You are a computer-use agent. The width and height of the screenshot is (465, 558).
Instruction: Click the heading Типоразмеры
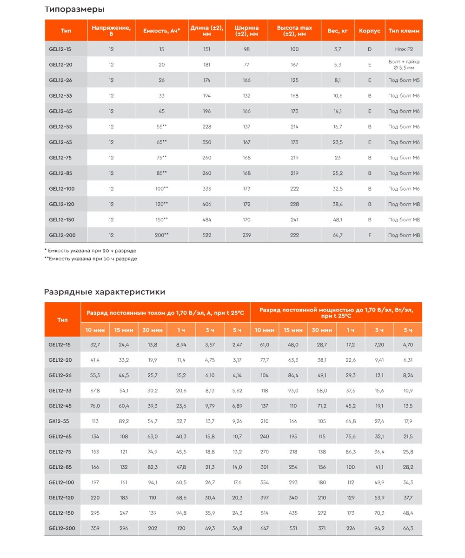click(x=74, y=9)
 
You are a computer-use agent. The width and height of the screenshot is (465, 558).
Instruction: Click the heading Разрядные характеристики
click(x=105, y=292)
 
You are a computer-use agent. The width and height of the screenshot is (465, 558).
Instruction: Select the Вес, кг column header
click(x=338, y=31)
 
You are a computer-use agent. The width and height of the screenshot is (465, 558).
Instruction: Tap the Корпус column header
click(x=370, y=31)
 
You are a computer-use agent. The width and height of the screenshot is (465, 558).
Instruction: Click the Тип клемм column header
click(x=404, y=31)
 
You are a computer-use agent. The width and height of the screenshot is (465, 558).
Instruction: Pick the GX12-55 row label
click(x=60, y=421)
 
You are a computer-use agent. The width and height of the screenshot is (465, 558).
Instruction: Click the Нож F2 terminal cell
click(x=404, y=49)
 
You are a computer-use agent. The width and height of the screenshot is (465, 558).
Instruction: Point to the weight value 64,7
click(x=338, y=235)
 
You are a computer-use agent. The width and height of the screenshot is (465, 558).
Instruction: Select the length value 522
click(x=207, y=235)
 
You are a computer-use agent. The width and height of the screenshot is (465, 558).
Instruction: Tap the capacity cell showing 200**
click(x=162, y=235)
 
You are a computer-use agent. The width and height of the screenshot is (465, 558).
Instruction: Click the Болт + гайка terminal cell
click(x=404, y=65)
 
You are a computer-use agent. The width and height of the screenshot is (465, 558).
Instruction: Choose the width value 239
click(x=246, y=235)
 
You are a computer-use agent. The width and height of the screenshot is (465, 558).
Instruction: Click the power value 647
click(x=265, y=528)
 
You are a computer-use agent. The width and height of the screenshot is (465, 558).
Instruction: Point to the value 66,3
click(x=408, y=528)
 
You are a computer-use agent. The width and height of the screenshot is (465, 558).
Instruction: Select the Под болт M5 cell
click(x=404, y=80)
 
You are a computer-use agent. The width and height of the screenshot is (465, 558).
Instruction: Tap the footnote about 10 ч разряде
click(x=91, y=259)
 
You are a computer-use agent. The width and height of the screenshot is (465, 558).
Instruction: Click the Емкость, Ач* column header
click(x=162, y=31)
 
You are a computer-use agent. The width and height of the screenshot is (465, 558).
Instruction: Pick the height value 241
click(x=294, y=219)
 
